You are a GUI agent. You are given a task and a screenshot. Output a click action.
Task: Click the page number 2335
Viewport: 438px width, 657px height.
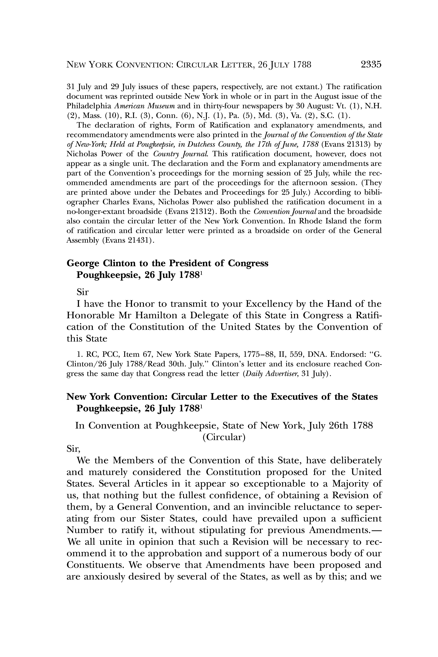pyautogui.click(x=371, y=65)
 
